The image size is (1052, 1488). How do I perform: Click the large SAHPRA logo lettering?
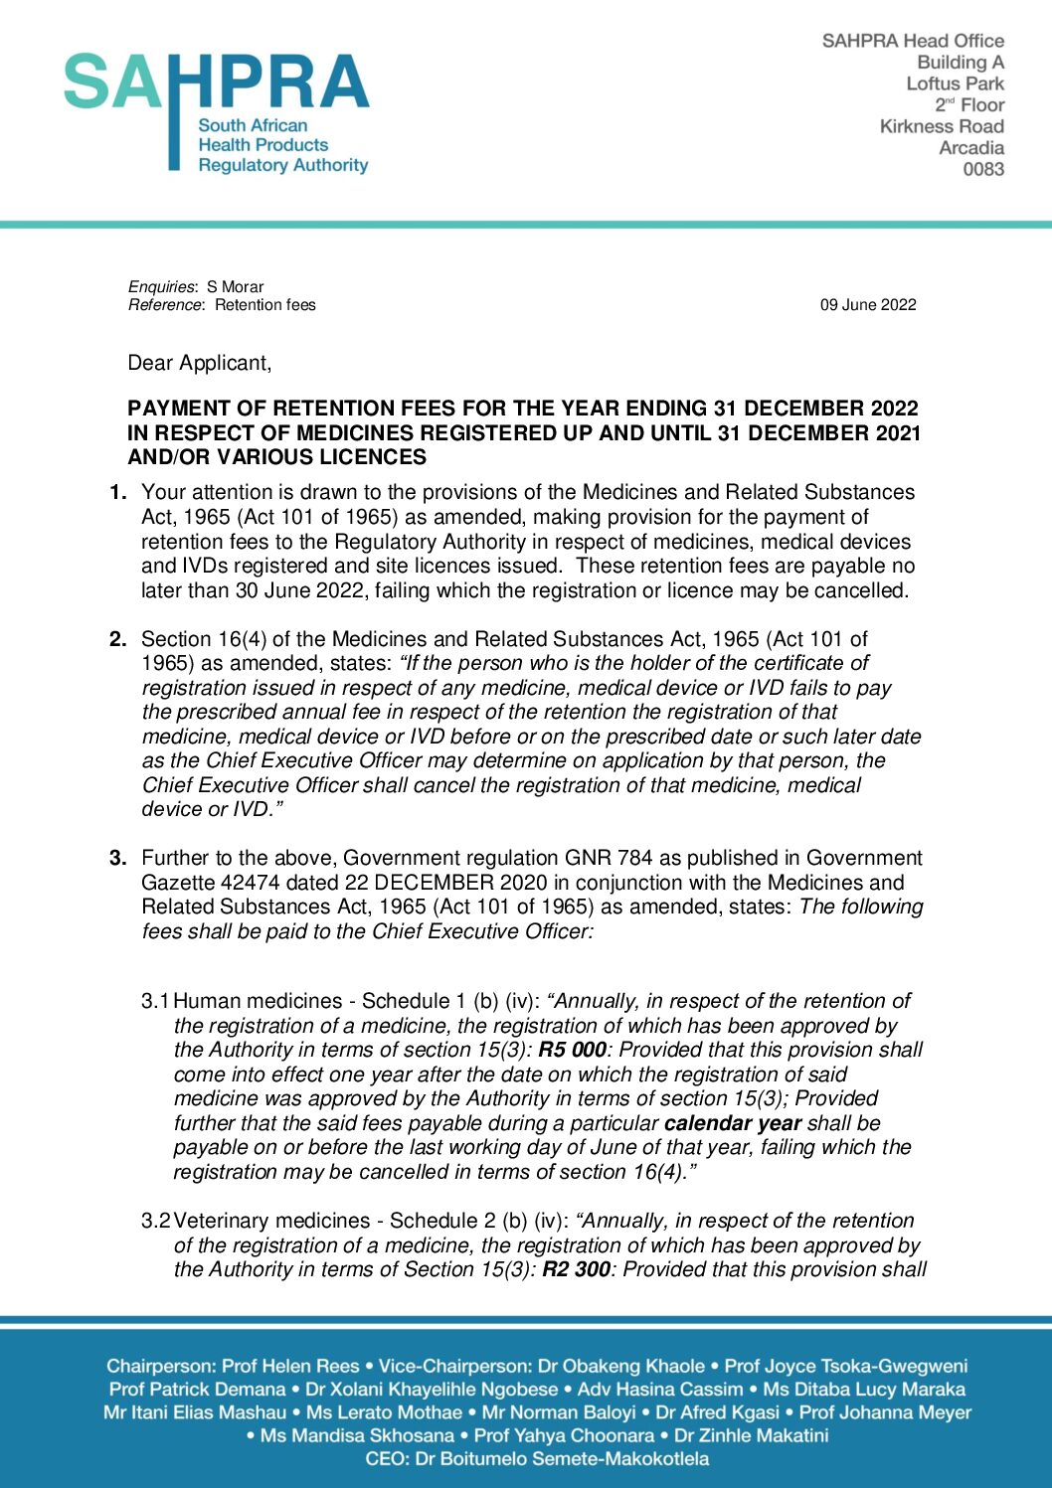click(x=216, y=82)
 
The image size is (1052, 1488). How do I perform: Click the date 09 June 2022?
click(x=867, y=305)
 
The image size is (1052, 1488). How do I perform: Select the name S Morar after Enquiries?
click(x=235, y=287)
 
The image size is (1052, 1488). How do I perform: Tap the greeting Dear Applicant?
click(x=199, y=363)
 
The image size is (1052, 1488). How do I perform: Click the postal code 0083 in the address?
click(x=982, y=169)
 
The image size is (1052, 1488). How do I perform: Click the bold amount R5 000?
click(x=572, y=1050)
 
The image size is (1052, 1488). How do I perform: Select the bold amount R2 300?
click(x=576, y=1269)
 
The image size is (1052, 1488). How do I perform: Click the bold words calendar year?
click(x=732, y=1123)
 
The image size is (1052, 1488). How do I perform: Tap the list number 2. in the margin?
click(x=118, y=639)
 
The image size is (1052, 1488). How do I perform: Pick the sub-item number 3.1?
click(x=155, y=1001)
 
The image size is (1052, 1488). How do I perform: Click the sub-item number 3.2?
click(x=155, y=1221)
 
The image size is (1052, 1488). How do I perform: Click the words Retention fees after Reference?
click(x=264, y=305)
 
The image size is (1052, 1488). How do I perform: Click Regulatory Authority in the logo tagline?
click(x=282, y=165)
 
